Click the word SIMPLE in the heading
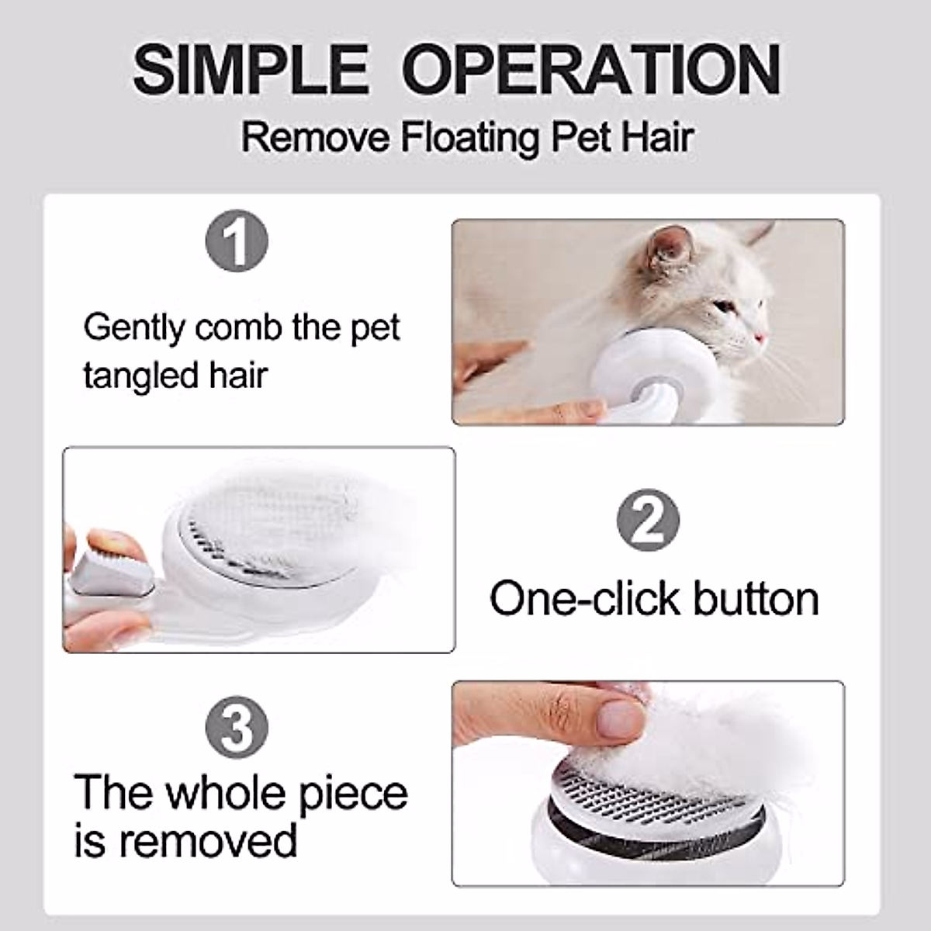coord(250,70)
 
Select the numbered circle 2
coord(648,520)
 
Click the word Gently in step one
coord(134,328)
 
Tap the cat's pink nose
coord(761,337)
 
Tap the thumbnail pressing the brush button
coord(107,543)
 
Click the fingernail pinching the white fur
coord(623,718)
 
